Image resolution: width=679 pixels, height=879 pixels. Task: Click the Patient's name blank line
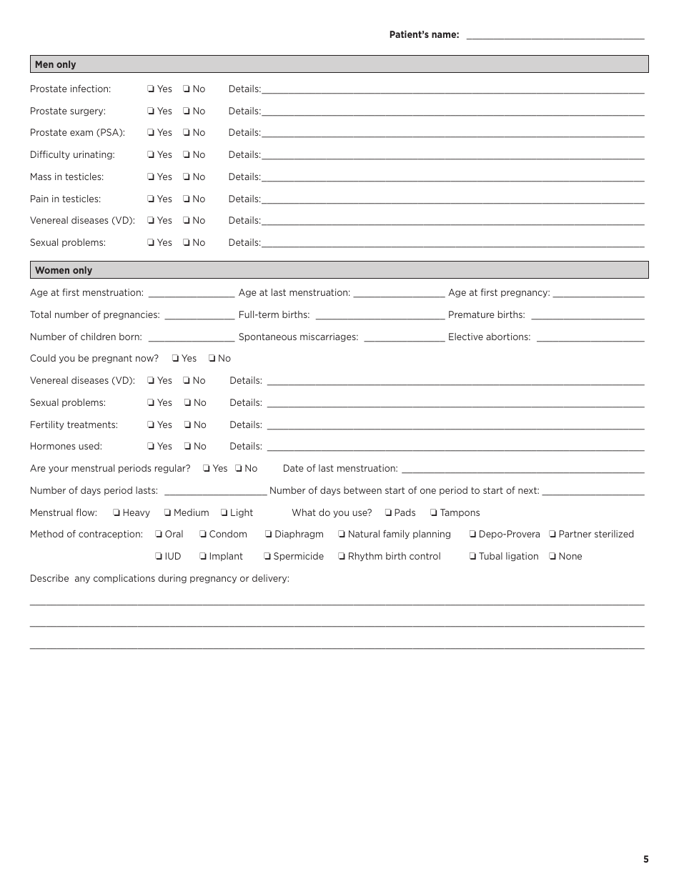555,35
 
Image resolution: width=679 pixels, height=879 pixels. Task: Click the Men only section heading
56,64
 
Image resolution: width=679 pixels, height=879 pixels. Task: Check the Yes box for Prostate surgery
152,111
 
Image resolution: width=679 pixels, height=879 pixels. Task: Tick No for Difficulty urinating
187,155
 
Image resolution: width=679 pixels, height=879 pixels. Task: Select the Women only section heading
64,270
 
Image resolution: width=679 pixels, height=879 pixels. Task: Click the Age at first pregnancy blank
598,293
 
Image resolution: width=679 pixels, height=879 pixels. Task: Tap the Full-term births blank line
380,315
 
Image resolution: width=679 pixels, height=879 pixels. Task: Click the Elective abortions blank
590,337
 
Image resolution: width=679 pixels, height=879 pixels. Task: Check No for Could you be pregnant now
212,359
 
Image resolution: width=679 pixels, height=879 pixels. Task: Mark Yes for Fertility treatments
152,425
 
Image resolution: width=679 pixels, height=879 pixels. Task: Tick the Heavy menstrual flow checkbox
117,513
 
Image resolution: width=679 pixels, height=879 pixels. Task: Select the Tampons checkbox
434,513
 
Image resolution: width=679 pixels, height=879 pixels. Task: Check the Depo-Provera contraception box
472,535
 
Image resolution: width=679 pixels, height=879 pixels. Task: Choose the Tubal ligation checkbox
472,557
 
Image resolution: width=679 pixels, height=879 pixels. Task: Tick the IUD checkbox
159,557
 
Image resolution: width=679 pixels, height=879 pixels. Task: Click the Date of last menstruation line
522,469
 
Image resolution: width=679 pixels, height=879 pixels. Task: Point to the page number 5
646,860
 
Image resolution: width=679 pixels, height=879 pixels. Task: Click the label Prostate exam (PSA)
77,133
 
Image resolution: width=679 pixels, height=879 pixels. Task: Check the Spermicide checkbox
267,557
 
